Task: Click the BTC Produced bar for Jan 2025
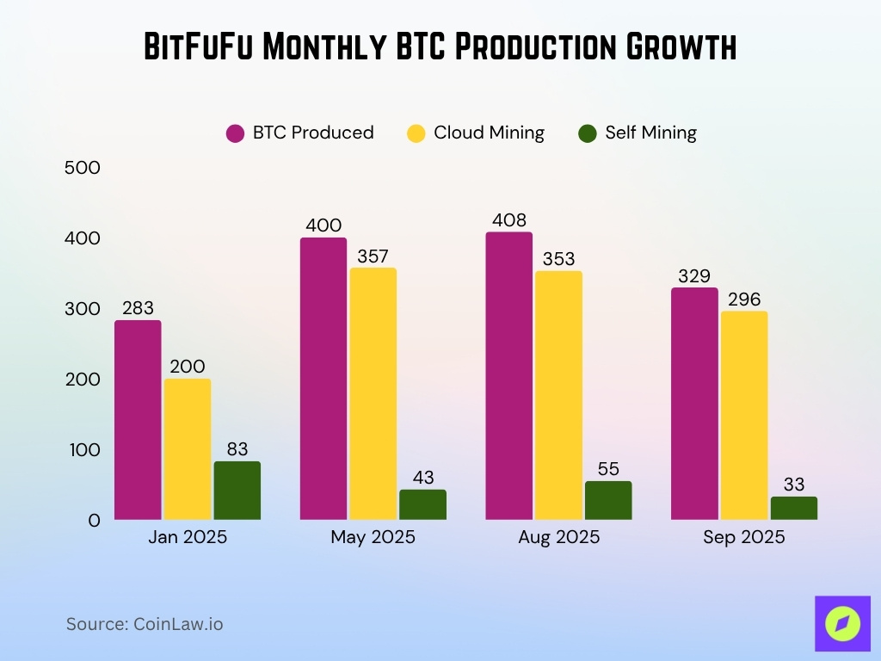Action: (x=138, y=420)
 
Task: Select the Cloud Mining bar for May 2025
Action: (x=373, y=393)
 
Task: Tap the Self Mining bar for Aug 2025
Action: (x=608, y=500)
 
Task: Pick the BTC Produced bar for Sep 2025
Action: (x=694, y=404)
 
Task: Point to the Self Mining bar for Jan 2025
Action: (x=237, y=491)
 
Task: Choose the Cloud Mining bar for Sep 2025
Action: (x=744, y=415)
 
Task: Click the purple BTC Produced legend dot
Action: (x=236, y=133)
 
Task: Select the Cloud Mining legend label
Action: (x=489, y=133)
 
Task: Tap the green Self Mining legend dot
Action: (x=588, y=133)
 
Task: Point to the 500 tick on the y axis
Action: (x=83, y=168)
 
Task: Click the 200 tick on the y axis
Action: (x=83, y=380)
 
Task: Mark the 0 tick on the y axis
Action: (x=93, y=520)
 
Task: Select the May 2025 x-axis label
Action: (x=373, y=538)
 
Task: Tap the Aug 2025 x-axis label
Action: (x=558, y=538)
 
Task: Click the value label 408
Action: (x=508, y=220)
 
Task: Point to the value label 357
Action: (x=373, y=256)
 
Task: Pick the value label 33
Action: (x=794, y=485)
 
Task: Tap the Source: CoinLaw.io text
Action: (x=145, y=624)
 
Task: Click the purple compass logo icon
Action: (x=841, y=624)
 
